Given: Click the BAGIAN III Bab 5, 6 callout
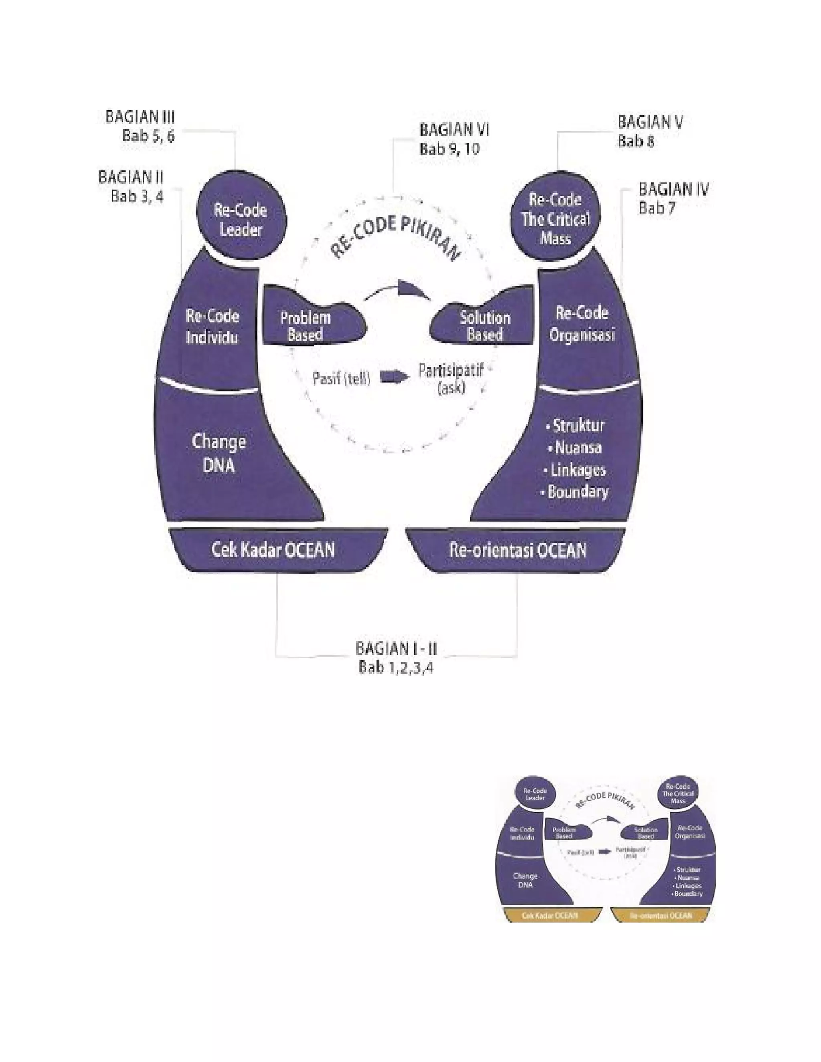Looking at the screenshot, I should pyautogui.click(x=140, y=126).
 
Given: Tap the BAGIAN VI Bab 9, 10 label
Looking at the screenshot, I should pyautogui.click(x=454, y=139).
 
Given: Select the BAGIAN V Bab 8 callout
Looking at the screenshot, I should pyautogui.click(x=650, y=131).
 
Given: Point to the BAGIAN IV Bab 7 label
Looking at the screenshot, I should pyautogui.click(x=673, y=198).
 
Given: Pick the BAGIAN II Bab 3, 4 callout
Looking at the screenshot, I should pyautogui.click(x=131, y=186).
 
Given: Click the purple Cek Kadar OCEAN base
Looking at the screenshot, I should pyautogui.click(x=274, y=550).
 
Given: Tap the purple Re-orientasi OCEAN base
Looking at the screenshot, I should pyautogui.click(x=518, y=550).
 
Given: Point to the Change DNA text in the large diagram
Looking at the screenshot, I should pyautogui.click(x=219, y=453).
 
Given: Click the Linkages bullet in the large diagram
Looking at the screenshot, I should pyautogui.click(x=577, y=470).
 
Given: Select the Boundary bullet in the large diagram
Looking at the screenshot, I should pyautogui.click(x=577, y=492).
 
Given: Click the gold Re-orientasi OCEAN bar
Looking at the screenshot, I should pyautogui.click(x=661, y=916).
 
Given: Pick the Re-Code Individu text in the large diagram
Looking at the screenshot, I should pyautogui.click(x=212, y=326).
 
